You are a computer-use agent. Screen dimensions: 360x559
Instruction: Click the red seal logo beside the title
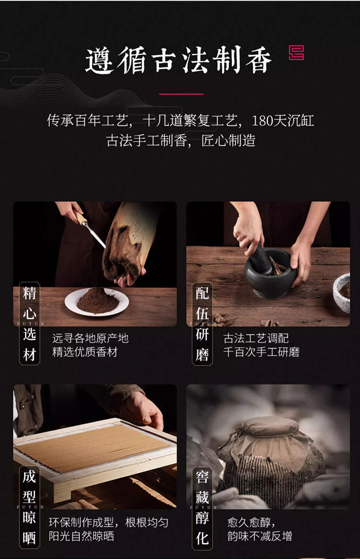[296, 52]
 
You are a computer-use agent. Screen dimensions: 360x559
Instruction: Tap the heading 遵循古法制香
[178, 60]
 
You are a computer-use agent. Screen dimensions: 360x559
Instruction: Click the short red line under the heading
[181, 94]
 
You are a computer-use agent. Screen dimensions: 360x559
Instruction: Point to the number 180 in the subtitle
[262, 120]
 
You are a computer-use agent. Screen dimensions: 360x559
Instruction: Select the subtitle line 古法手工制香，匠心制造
[180, 140]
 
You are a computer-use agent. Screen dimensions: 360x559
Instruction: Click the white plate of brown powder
[97, 302]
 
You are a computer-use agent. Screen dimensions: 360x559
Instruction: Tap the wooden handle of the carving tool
[81, 218]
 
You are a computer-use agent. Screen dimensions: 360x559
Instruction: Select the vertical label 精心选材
[30, 324]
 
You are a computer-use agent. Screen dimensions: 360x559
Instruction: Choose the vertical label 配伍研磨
[202, 324]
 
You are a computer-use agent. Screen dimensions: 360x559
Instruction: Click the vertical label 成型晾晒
[30, 507]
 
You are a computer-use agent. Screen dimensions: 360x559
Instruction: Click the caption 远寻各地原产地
[90, 338]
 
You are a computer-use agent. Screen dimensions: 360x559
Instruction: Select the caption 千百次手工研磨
[261, 352]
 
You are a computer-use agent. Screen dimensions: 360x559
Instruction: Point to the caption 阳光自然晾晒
[81, 536]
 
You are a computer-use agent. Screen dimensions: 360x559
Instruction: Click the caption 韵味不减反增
[259, 536]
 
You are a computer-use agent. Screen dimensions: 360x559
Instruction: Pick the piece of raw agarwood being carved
[127, 242]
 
